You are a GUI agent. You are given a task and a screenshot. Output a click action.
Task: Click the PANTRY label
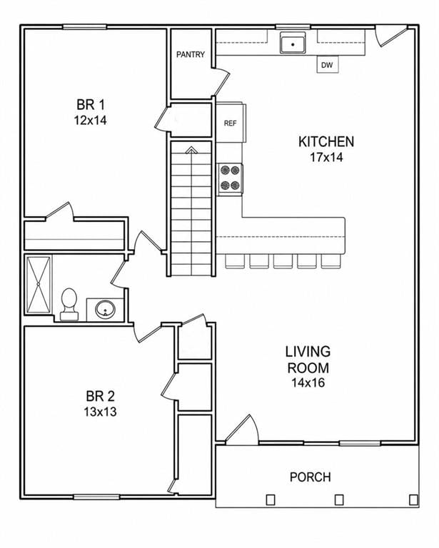[191, 54]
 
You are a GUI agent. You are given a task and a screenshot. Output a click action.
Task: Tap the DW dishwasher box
[328, 65]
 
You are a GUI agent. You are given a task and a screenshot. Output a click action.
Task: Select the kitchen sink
[293, 43]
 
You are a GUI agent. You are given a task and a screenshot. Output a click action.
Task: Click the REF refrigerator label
[230, 123]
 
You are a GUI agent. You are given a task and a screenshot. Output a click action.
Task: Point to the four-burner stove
[231, 179]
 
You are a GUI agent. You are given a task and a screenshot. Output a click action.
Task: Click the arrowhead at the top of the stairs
[191, 151]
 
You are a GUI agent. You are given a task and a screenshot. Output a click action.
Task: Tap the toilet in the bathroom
[69, 305]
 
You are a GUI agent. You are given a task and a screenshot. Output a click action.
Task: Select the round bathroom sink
[105, 309]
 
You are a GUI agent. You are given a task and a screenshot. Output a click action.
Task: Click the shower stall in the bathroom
[39, 285]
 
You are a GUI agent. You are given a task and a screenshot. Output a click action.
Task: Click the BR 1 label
[91, 104]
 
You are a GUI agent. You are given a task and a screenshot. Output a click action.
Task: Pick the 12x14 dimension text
[90, 121]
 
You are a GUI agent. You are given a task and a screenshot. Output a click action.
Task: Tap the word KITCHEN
[326, 141]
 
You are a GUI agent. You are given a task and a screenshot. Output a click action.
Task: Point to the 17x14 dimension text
[326, 157]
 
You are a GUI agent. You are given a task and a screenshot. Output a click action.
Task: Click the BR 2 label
[100, 396]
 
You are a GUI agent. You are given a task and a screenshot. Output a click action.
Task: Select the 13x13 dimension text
[100, 412]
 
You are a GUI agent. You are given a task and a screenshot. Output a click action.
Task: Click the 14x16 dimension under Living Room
[308, 383]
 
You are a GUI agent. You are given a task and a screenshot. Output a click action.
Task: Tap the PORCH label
[311, 477]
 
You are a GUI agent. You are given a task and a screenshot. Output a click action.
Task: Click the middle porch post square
[339, 499]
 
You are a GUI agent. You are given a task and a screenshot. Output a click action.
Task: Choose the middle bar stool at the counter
[283, 261]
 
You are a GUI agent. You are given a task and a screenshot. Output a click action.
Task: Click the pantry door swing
[221, 81]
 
